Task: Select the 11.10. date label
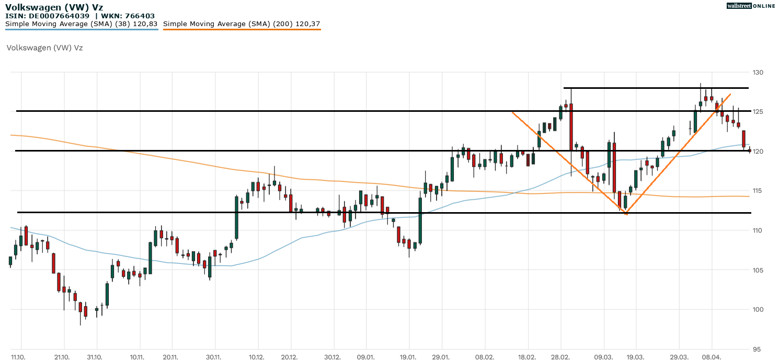point(18,357)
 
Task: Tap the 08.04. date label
point(712,357)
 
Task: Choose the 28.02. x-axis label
point(560,357)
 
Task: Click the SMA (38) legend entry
point(82,24)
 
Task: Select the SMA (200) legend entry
point(242,24)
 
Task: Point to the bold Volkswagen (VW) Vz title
point(54,7)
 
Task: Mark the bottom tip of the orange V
point(626,214)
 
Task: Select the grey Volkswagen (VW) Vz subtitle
point(44,48)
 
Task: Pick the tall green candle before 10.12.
point(236,217)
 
